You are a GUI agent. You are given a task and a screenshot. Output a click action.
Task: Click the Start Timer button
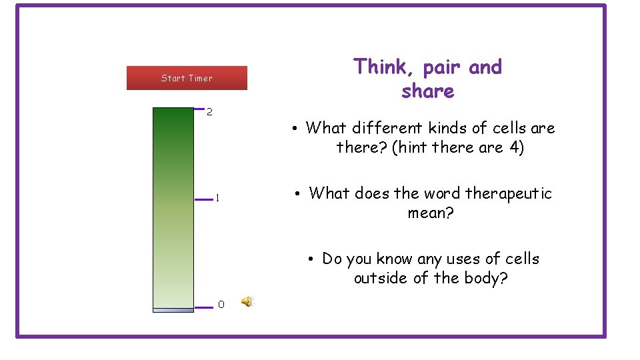coord(187,78)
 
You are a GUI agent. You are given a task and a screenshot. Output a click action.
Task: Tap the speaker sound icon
coord(247,302)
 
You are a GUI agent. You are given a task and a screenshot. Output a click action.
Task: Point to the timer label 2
coord(209,112)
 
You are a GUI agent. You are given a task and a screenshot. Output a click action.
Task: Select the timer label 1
coord(217,198)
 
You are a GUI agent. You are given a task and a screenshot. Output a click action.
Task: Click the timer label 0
coord(221,305)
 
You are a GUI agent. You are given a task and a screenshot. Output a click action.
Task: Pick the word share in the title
coord(427,91)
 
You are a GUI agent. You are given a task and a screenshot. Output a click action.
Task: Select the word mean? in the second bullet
coord(431,213)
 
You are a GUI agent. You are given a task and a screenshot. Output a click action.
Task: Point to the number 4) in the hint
coord(517,147)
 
